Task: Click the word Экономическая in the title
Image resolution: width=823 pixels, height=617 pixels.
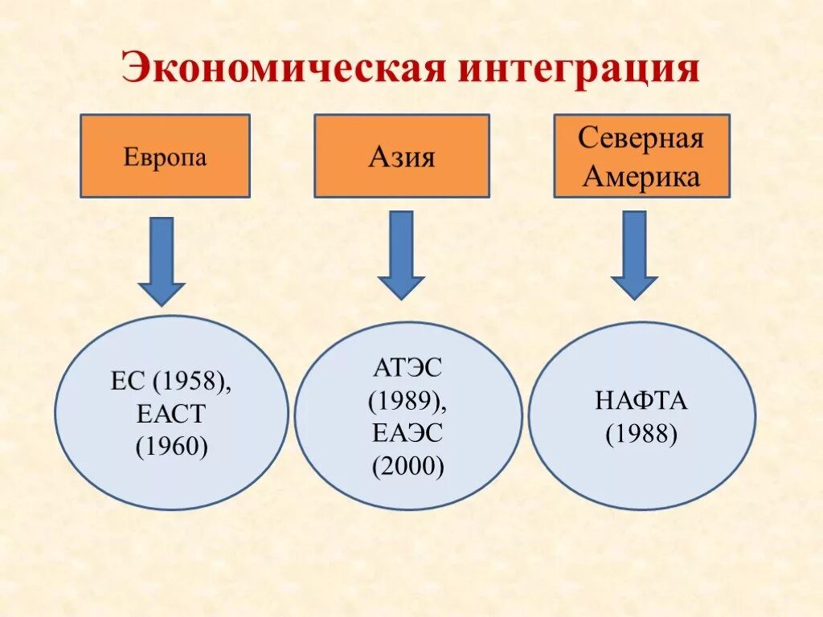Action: pos(283,70)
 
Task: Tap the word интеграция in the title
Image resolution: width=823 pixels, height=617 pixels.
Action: pos(579,70)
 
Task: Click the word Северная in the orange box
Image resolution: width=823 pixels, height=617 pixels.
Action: pos(641,138)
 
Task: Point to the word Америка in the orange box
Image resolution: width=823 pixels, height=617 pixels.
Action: pos(641,176)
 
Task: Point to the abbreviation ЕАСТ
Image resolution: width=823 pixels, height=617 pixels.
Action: pos(171,414)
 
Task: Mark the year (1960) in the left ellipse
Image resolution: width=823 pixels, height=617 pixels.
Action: pos(171,446)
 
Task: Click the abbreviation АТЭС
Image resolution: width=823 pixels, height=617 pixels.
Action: pos(407,369)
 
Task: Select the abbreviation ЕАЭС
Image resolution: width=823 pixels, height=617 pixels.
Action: pos(407,434)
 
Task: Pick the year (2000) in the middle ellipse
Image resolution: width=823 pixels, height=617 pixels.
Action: pos(407,467)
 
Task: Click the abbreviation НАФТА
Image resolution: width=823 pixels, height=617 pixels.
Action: pos(641,401)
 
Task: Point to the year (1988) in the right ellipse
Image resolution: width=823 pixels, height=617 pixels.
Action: pos(641,434)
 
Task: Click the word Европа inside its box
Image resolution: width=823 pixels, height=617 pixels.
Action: pos(165,157)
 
